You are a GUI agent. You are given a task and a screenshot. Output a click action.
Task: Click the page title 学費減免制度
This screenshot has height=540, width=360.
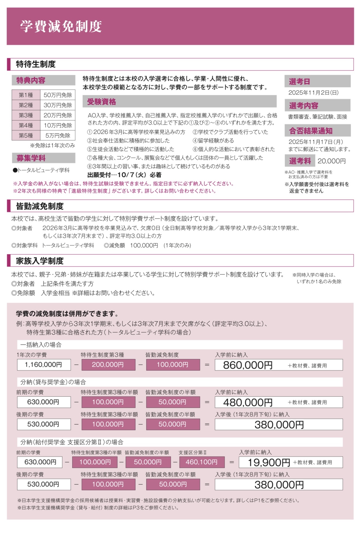[61, 27]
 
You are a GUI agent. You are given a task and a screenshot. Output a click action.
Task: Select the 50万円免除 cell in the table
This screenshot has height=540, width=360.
[58, 95]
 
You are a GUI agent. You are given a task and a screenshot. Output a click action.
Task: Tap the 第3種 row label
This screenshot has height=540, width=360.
[26, 115]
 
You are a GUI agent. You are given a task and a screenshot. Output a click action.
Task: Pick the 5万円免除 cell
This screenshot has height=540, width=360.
[58, 135]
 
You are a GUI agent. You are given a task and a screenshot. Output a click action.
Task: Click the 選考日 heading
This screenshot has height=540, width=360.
[299, 81]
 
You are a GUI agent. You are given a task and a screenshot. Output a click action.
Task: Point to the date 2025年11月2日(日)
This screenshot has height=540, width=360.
[313, 93]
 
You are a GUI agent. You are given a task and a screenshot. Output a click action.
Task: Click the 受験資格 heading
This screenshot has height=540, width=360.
[101, 102]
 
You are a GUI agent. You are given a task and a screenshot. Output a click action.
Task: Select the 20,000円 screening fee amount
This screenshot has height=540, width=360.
[332, 161]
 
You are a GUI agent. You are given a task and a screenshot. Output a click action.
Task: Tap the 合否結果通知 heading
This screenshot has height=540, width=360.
[311, 131]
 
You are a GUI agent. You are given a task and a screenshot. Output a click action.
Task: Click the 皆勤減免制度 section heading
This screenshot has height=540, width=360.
[40, 206]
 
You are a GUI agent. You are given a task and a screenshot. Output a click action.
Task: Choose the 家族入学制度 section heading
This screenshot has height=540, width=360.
[40, 261]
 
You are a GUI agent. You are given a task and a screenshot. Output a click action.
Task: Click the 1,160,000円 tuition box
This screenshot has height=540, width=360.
[44, 365]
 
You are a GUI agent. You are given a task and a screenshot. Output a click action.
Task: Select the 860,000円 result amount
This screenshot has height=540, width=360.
[248, 365]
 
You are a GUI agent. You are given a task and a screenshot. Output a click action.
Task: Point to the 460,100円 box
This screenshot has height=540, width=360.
[201, 462]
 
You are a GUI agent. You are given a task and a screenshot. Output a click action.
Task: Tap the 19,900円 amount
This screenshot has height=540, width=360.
[268, 462]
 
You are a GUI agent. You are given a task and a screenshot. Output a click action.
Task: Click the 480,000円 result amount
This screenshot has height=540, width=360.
[248, 402]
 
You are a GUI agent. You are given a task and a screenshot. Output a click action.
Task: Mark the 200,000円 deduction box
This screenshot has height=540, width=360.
[108, 365]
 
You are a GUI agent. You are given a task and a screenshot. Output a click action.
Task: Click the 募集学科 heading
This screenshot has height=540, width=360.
[31, 158]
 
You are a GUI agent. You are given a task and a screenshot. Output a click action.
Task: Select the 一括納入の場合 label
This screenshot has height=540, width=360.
[41, 345]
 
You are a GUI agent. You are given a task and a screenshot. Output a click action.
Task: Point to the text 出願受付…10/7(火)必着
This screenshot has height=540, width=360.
[124, 175]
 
